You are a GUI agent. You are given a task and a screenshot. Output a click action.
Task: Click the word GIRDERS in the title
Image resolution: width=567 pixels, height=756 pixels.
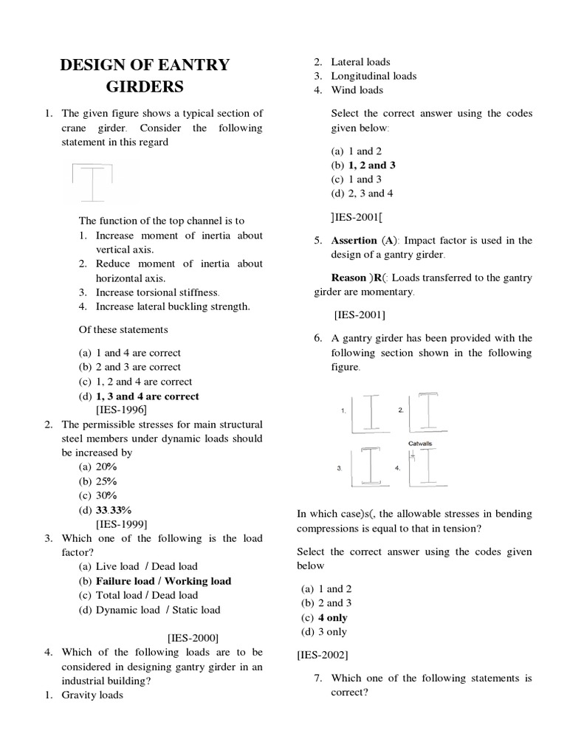point(145,88)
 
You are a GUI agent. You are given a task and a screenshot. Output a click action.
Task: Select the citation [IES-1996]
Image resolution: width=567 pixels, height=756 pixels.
point(121,409)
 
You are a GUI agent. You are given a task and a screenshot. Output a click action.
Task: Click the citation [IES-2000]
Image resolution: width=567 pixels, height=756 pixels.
point(193,637)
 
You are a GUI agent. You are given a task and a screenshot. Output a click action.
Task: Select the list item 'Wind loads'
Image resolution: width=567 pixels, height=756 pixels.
point(357,90)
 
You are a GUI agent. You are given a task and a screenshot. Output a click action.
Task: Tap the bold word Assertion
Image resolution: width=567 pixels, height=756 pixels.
point(354,241)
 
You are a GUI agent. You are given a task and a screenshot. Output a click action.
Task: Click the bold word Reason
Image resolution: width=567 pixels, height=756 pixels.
point(348,278)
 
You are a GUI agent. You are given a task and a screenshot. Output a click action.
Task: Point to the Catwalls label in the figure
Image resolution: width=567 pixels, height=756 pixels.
point(421,444)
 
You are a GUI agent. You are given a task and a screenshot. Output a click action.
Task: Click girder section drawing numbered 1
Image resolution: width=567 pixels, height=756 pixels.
point(371,413)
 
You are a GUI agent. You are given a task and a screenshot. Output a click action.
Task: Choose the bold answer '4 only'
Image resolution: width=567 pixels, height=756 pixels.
point(332,617)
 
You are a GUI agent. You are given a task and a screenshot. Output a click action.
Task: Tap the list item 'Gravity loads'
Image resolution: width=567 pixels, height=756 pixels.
point(92,694)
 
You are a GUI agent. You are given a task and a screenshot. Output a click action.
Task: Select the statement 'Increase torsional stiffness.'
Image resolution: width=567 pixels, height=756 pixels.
point(158,292)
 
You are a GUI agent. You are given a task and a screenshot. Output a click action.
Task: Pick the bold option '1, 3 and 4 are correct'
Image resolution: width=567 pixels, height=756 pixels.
point(148,396)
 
